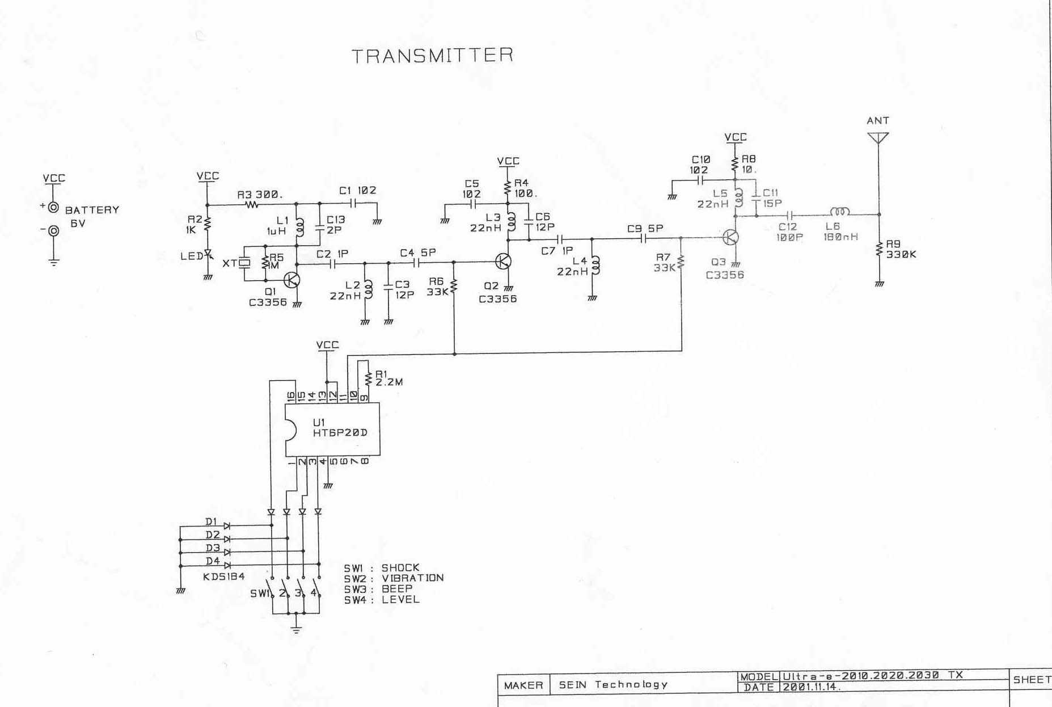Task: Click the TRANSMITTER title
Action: click(x=433, y=56)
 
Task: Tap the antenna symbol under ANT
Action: click(x=878, y=138)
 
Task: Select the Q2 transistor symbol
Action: click(x=503, y=261)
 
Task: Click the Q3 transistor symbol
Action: click(x=731, y=237)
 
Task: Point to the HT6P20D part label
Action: click(x=340, y=432)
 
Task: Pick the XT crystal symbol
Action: click(x=244, y=263)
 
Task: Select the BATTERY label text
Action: click(x=92, y=210)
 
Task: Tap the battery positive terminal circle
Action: click(x=53, y=208)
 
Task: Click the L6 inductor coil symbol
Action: click(x=840, y=212)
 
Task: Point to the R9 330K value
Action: click(x=901, y=255)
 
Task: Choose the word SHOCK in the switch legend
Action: click(x=400, y=567)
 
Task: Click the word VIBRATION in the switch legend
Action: click(x=412, y=578)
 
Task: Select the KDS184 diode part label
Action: click(x=223, y=576)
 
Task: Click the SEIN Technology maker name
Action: click(x=613, y=685)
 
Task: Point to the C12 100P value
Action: click(x=789, y=237)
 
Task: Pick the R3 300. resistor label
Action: click(x=260, y=195)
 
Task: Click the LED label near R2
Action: click(x=191, y=256)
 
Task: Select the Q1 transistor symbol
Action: click(x=292, y=280)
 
